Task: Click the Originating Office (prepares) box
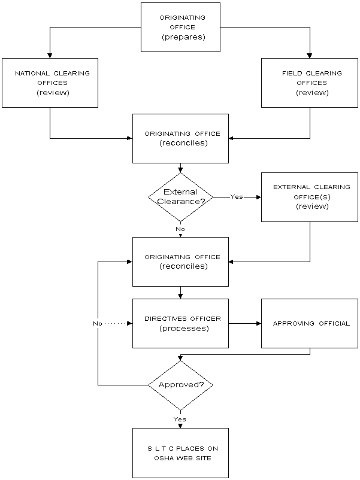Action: click(180, 27)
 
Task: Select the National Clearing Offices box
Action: click(50, 83)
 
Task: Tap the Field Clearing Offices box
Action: click(310, 83)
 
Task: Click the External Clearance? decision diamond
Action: click(180, 197)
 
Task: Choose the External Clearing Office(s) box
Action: click(310, 197)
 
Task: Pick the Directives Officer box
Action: click(180, 323)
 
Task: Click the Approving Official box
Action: click(310, 323)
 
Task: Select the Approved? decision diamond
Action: click(180, 385)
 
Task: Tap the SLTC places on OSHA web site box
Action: click(180, 453)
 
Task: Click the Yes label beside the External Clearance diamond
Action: click(237, 197)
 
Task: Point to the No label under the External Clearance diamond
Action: click(180, 229)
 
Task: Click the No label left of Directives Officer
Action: click(98, 323)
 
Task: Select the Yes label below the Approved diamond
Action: click(180, 419)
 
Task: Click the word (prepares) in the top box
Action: click(183, 37)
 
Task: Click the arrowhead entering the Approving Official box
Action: click(259, 323)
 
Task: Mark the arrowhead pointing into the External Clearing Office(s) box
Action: click(259, 197)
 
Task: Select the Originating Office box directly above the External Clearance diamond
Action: click(180, 138)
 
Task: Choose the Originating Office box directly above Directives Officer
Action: click(180, 262)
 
